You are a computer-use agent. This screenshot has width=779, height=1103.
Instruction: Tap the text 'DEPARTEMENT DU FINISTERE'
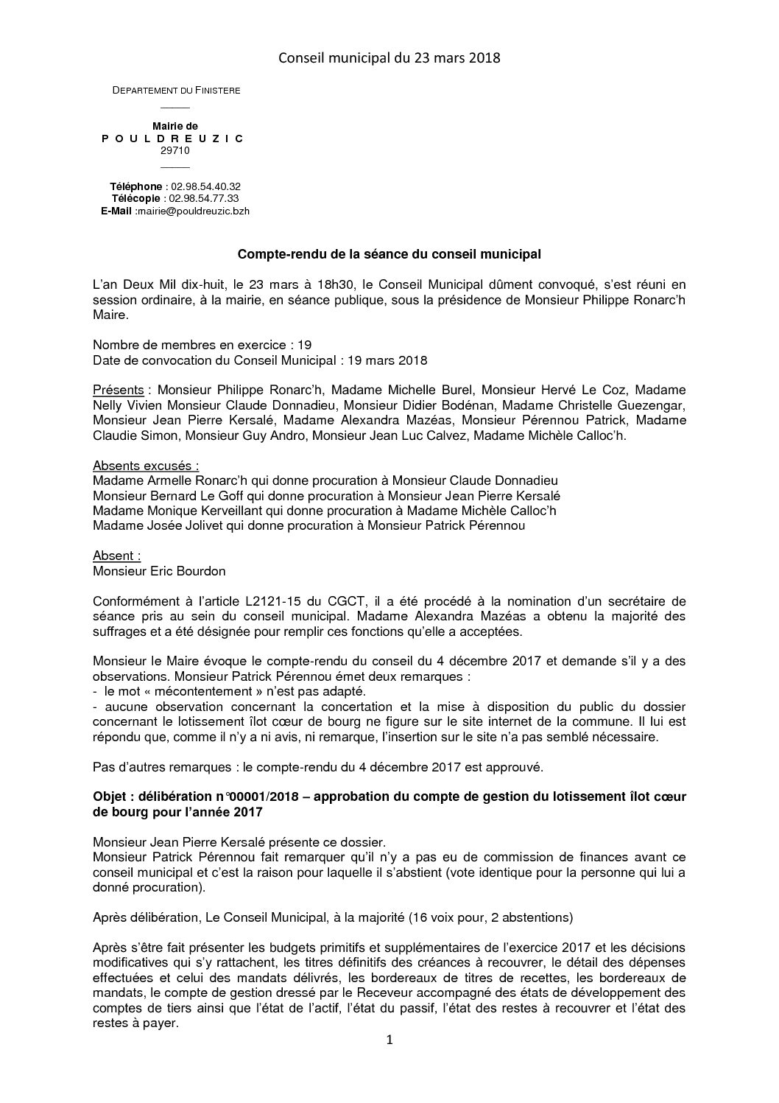(176, 91)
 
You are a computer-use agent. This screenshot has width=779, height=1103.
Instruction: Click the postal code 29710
(175, 150)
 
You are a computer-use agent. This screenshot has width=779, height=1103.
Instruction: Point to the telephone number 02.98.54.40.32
(205, 187)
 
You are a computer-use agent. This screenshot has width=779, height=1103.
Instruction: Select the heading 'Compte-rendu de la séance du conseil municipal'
(389, 255)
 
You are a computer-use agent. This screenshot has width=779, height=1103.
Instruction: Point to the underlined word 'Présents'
(118, 390)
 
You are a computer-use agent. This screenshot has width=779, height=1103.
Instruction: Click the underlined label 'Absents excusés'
(146, 466)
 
